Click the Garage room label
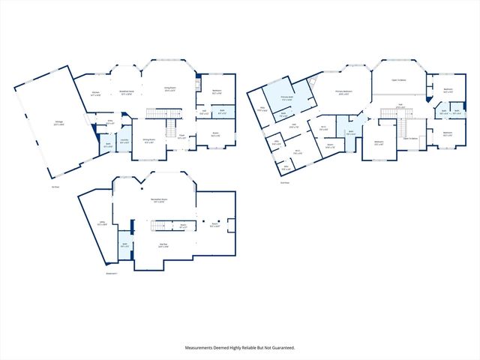pos(58,123)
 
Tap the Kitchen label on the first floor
pos(96,93)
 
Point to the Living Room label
pos(171,88)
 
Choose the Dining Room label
pos(149,140)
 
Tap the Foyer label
pos(182,136)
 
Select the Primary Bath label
pos(286,97)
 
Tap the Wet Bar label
pos(163,244)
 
